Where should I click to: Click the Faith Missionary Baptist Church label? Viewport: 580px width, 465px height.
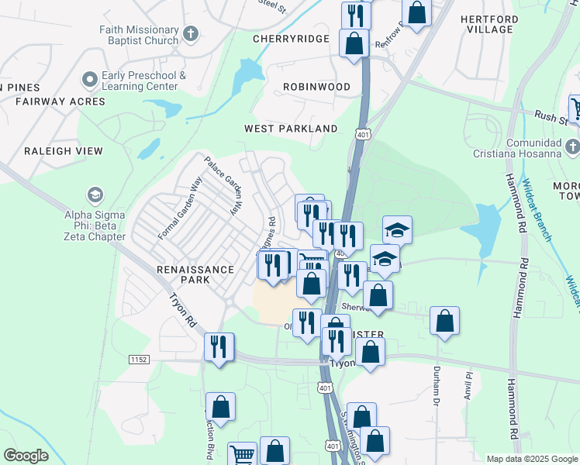(x=139, y=35)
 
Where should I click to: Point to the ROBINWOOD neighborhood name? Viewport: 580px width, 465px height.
(x=316, y=87)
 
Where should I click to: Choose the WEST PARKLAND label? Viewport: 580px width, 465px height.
(x=291, y=129)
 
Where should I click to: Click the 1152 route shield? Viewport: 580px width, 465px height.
(x=139, y=360)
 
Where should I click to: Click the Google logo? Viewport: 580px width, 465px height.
(x=26, y=456)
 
